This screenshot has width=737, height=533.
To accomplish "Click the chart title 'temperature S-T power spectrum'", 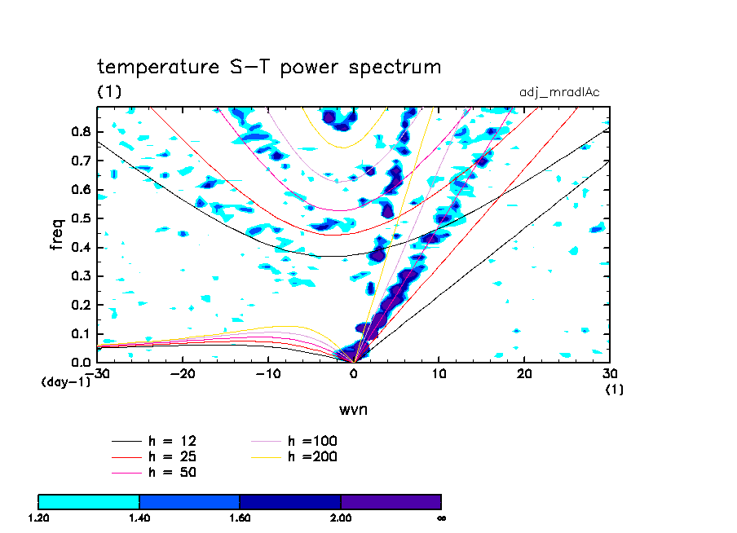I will click(x=269, y=67).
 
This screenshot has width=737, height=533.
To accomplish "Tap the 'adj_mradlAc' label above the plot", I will click(x=559, y=92).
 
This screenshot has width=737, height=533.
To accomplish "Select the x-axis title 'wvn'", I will click(x=353, y=409).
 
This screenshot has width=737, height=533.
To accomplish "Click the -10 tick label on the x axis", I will click(x=267, y=373).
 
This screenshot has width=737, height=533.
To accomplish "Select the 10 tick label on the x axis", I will click(x=439, y=373).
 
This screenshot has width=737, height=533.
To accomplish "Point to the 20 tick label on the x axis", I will click(x=524, y=373).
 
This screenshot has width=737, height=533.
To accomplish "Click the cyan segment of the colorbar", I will click(x=89, y=501).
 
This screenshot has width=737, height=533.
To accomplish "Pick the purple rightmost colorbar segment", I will click(x=391, y=501).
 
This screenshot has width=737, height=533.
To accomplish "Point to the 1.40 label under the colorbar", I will click(x=139, y=518).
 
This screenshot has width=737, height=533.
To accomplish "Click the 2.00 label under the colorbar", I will click(x=341, y=518).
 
